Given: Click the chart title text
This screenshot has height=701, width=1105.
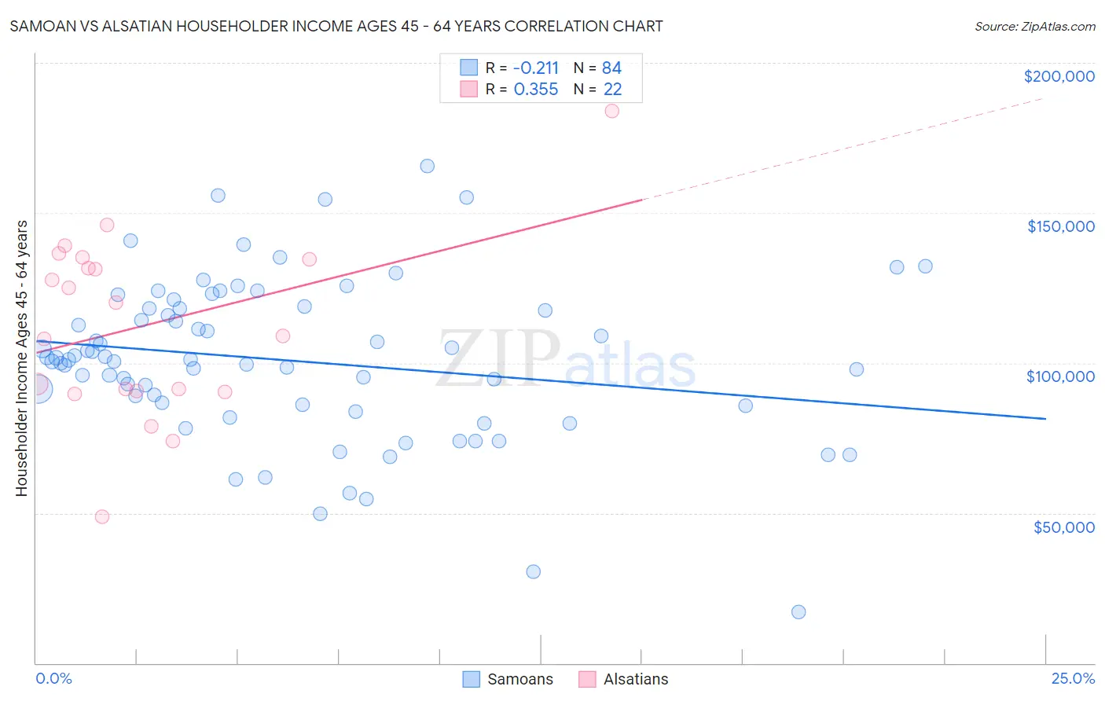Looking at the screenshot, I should tap(336, 26).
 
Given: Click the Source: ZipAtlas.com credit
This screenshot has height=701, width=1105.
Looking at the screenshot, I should tap(1034, 26).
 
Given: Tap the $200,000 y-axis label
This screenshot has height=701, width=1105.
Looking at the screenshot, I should tap(1059, 76).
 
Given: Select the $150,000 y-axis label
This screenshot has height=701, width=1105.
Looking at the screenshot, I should tap(1060, 226).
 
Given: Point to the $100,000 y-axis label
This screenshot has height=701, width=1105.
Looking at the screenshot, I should tap(1060, 376).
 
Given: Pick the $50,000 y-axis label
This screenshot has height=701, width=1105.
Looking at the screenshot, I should tap(1063, 527).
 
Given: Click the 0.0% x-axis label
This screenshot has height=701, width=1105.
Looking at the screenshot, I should tap(53, 678).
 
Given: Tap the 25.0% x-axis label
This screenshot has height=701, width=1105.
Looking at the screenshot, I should tap(1073, 678).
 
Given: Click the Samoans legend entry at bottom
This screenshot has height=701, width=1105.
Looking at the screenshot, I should tap(519, 679).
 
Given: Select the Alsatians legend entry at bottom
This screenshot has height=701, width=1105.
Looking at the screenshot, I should tap(635, 679).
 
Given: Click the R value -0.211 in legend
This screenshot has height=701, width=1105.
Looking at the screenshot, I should tap(536, 68).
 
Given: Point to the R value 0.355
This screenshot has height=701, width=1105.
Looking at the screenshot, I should tap(536, 90).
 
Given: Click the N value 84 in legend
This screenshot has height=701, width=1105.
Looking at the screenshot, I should tap(611, 68).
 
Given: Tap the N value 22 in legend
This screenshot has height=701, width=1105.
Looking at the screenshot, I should tap(612, 90).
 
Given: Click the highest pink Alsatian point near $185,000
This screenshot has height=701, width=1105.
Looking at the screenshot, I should tap(612, 111).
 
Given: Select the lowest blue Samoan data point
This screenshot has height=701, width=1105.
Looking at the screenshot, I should tap(798, 612).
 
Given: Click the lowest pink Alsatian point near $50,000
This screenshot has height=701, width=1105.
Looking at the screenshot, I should tap(102, 516).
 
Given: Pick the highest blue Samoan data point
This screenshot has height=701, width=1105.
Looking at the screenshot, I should tap(428, 166).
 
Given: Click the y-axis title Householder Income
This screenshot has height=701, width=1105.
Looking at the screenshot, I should tap(21, 358).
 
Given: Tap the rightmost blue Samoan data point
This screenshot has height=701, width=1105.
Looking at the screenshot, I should tap(925, 266).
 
